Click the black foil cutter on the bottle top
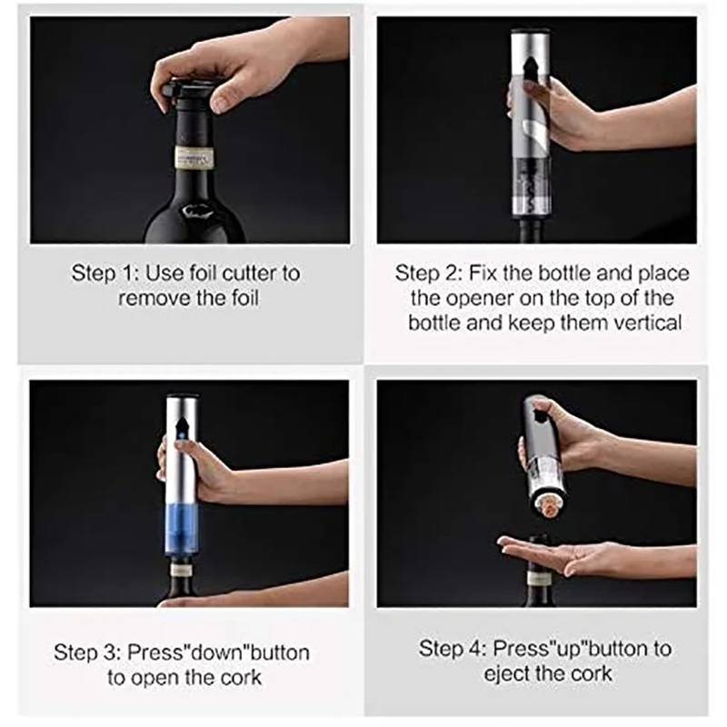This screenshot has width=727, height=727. pyautogui.click(x=192, y=92)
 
